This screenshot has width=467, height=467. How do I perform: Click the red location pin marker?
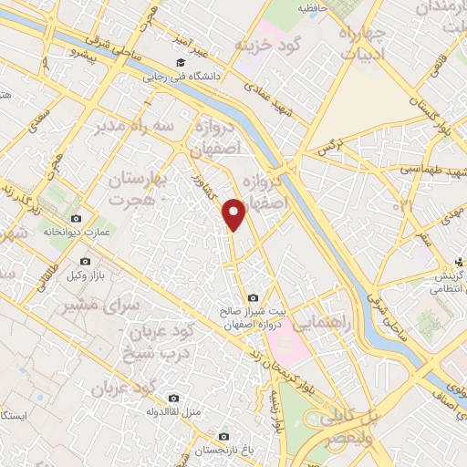point(236,213)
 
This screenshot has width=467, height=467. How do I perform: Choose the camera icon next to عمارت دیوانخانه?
point(76,219)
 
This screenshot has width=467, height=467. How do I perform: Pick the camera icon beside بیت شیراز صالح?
point(253,297)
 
